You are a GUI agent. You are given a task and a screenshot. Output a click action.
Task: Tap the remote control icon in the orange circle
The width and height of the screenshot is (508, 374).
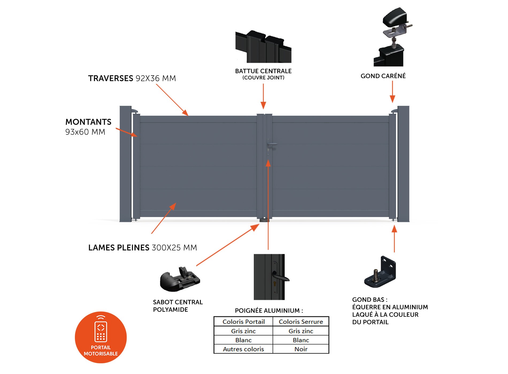click(x=101, y=330)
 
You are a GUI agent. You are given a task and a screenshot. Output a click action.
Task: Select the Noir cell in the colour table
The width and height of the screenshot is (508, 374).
click(x=301, y=349)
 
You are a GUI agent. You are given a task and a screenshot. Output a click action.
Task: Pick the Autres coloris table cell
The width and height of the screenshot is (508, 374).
click(x=243, y=349)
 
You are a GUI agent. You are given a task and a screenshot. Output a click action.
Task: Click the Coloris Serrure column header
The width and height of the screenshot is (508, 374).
click(x=301, y=322)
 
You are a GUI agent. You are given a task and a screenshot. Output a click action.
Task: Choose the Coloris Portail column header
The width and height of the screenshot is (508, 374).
click(x=244, y=322)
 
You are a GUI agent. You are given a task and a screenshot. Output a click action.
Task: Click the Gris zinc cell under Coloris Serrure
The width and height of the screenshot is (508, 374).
click(x=301, y=331)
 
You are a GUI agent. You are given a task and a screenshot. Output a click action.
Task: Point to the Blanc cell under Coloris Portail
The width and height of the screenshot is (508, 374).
click(x=243, y=340)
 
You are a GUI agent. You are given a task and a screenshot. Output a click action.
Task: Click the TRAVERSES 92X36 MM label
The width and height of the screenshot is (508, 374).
click(x=132, y=78)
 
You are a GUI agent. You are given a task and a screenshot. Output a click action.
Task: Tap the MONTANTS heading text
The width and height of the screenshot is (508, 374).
click(x=88, y=122)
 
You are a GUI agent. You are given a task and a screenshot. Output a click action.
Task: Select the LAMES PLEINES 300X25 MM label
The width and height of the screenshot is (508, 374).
click(x=143, y=248)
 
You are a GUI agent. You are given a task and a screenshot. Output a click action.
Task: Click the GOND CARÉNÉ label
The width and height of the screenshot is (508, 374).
click(x=383, y=76)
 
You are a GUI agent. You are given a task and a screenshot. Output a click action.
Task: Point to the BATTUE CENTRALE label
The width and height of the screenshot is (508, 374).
click(x=263, y=71)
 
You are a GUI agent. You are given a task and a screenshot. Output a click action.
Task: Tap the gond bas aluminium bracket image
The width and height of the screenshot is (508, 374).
click(x=380, y=272)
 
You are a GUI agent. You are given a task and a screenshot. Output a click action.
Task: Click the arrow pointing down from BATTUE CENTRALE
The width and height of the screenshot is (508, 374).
click(x=263, y=96)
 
